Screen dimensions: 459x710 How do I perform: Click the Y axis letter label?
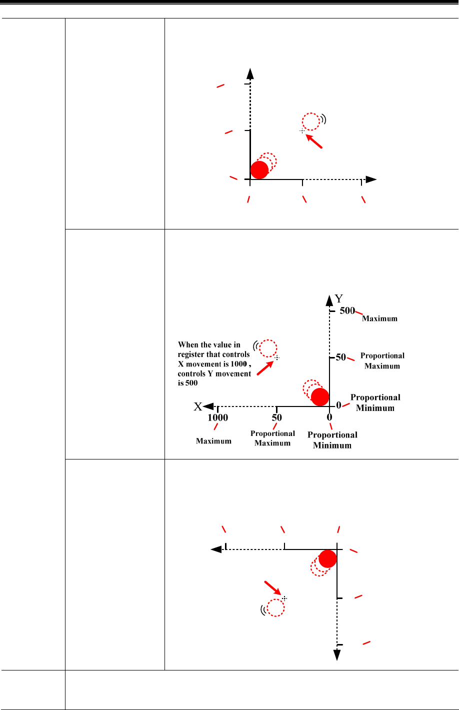click(x=339, y=298)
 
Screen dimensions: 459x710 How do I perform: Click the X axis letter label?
click(x=198, y=407)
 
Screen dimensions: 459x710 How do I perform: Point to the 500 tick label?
click(x=347, y=310)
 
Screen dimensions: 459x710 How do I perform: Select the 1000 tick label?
click(x=218, y=417)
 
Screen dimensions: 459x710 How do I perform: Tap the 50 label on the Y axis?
click(x=341, y=357)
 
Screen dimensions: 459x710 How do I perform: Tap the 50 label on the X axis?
click(x=276, y=417)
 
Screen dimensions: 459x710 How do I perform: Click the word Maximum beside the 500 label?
click(x=380, y=318)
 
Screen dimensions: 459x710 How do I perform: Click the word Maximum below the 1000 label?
click(x=213, y=441)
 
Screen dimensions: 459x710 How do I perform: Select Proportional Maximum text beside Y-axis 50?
click(x=382, y=360)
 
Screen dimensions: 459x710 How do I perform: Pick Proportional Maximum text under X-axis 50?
click(x=272, y=438)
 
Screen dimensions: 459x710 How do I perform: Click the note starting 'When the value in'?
click(x=214, y=364)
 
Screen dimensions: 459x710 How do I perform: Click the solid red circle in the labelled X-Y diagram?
click(x=319, y=396)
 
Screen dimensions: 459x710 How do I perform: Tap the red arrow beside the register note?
click(x=265, y=368)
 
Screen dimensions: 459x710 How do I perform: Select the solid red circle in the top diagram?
click(x=259, y=170)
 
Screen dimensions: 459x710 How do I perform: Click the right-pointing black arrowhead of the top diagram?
click(x=370, y=179)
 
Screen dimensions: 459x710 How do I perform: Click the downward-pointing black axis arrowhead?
click(x=337, y=654)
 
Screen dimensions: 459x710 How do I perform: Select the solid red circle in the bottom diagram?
click(x=327, y=558)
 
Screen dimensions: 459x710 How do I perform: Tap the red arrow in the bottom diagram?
click(x=272, y=588)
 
